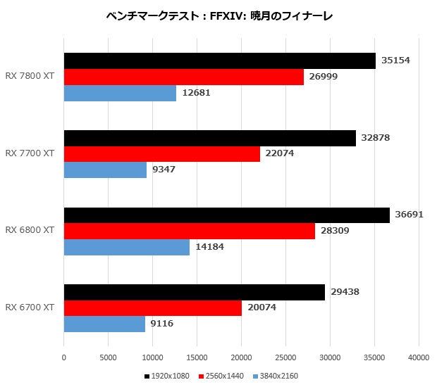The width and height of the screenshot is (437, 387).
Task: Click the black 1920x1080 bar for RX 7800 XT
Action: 220,61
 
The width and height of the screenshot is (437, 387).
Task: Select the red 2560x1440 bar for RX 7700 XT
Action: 162,154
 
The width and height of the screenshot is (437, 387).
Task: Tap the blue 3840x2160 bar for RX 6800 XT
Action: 127,247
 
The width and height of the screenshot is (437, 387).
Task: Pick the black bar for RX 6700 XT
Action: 195,293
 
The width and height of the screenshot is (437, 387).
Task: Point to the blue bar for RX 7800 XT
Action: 120,93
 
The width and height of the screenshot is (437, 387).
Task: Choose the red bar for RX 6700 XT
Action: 153,308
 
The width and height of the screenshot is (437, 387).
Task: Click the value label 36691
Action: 409,215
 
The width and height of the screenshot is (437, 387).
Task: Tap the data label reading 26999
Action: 324,77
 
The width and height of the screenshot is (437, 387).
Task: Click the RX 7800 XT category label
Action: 30,76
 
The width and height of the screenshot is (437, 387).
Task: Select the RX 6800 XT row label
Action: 30,230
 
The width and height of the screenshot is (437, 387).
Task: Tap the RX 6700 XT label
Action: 30,307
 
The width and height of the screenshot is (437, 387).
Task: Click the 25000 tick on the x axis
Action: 285,357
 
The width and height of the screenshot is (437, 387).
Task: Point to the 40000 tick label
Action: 419,357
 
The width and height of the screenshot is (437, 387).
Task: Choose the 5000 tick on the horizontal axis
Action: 108,357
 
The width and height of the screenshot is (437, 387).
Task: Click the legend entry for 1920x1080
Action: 166,376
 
